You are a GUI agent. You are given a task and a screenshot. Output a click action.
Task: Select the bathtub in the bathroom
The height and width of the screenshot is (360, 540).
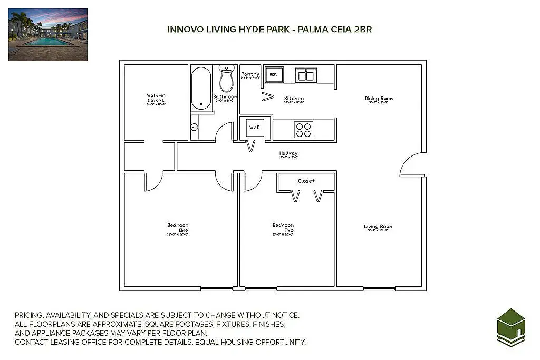pyautogui.click(x=201, y=88)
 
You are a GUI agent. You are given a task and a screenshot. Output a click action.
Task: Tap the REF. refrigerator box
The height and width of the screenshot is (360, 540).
pyautogui.click(x=274, y=75)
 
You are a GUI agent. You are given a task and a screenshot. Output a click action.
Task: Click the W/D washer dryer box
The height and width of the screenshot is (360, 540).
pyautogui.click(x=255, y=128)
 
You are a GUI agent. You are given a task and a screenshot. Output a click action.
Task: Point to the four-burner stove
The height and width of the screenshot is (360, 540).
pyautogui.click(x=303, y=130)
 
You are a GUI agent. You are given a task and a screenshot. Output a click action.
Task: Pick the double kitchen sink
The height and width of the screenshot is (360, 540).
pyautogui.click(x=305, y=75)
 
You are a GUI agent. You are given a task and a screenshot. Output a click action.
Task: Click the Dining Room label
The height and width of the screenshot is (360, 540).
pyautogui.click(x=379, y=99)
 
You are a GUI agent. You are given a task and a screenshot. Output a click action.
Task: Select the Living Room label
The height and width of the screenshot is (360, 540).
pyautogui.click(x=378, y=227)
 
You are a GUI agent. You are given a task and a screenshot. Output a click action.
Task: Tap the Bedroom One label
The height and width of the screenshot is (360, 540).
pyautogui.click(x=178, y=228)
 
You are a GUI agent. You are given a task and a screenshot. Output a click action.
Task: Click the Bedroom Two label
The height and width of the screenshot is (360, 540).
pyautogui.click(x=283, y=228)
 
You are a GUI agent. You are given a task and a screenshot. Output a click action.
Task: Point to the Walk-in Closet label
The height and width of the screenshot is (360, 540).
pyautogui.click(x=156, y=98)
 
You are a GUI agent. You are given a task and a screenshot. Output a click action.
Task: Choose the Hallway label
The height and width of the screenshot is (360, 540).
pyautogui.click(x=288, y=154)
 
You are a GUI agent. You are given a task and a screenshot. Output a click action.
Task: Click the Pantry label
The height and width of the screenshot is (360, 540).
pyautogui.click(x=250, y=74)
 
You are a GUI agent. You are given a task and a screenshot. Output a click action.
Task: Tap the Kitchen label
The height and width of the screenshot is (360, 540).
pyautogui.click(x=294, y=99)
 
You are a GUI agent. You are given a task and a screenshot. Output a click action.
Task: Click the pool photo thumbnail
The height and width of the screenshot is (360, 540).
pyautogui.click(x=48, y=34)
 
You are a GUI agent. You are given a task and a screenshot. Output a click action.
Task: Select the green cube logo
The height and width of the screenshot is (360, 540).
pyautogui.click(x=511, y=327)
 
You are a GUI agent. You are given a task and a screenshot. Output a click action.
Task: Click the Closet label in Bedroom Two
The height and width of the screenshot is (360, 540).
pyautogui.click(x=306, y=181)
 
